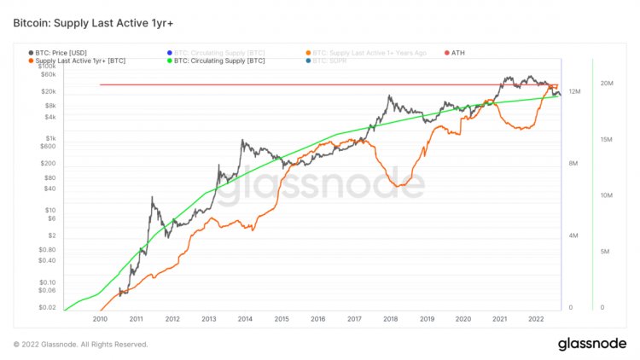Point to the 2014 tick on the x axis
(245, 319)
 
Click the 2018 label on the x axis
(390, 319)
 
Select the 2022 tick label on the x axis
(536, 319)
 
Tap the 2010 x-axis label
(100, 319)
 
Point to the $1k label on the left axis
(49, 137)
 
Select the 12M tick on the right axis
(575, 91)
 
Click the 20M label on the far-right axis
(608, 84)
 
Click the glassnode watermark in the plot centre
(319, 184)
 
